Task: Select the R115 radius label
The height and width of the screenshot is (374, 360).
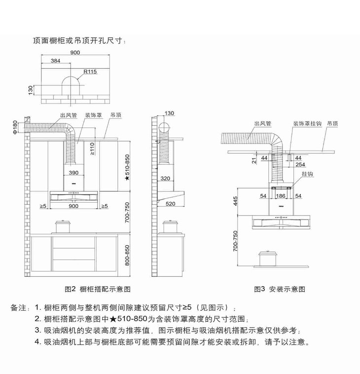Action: (90, 72)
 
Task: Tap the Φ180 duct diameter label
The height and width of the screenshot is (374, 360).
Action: (15, 127)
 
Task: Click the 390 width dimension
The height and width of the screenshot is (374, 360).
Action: (73, 173)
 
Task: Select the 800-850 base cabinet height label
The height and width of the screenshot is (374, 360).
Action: (127, 256)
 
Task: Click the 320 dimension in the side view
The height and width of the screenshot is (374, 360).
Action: (165, 179)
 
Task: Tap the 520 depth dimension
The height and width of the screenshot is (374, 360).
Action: (170, 204)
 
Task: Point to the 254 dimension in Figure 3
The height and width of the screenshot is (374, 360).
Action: (300, 164)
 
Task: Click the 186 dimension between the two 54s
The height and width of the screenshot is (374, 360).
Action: (281, 196)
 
